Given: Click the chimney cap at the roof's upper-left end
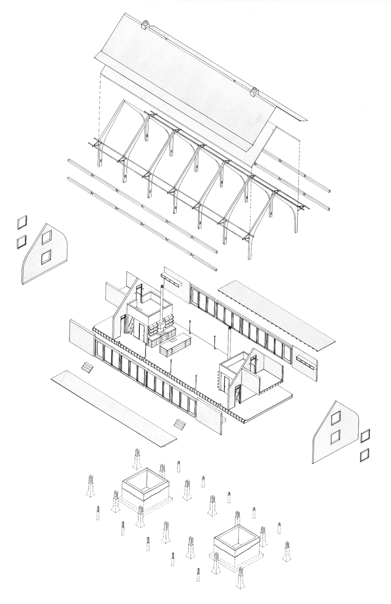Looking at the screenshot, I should tap(146, 23).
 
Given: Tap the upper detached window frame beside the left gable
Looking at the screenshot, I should tap(22, 222).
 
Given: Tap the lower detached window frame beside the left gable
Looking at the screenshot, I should tap(21, 241).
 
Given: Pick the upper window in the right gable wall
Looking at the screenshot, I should tap(336, 418).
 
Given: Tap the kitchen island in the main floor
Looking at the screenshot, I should tap(174, 346).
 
